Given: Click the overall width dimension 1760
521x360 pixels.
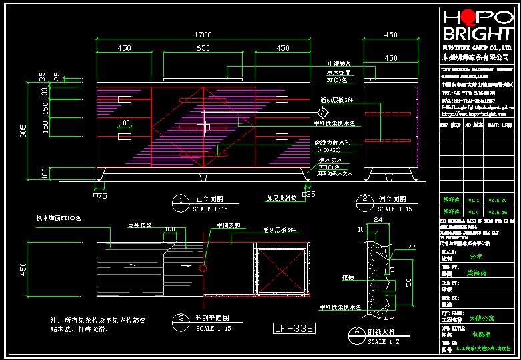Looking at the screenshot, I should click(203, 35).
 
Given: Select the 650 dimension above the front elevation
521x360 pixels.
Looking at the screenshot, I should click(203, 48).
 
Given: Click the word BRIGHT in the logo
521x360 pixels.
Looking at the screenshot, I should click(478, 35).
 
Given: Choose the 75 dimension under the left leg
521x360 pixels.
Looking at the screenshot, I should click(101, 196).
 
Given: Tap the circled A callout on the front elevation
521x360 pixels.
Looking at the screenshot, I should click(324, 112).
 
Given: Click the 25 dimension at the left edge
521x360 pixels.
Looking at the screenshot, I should click(57, 77).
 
